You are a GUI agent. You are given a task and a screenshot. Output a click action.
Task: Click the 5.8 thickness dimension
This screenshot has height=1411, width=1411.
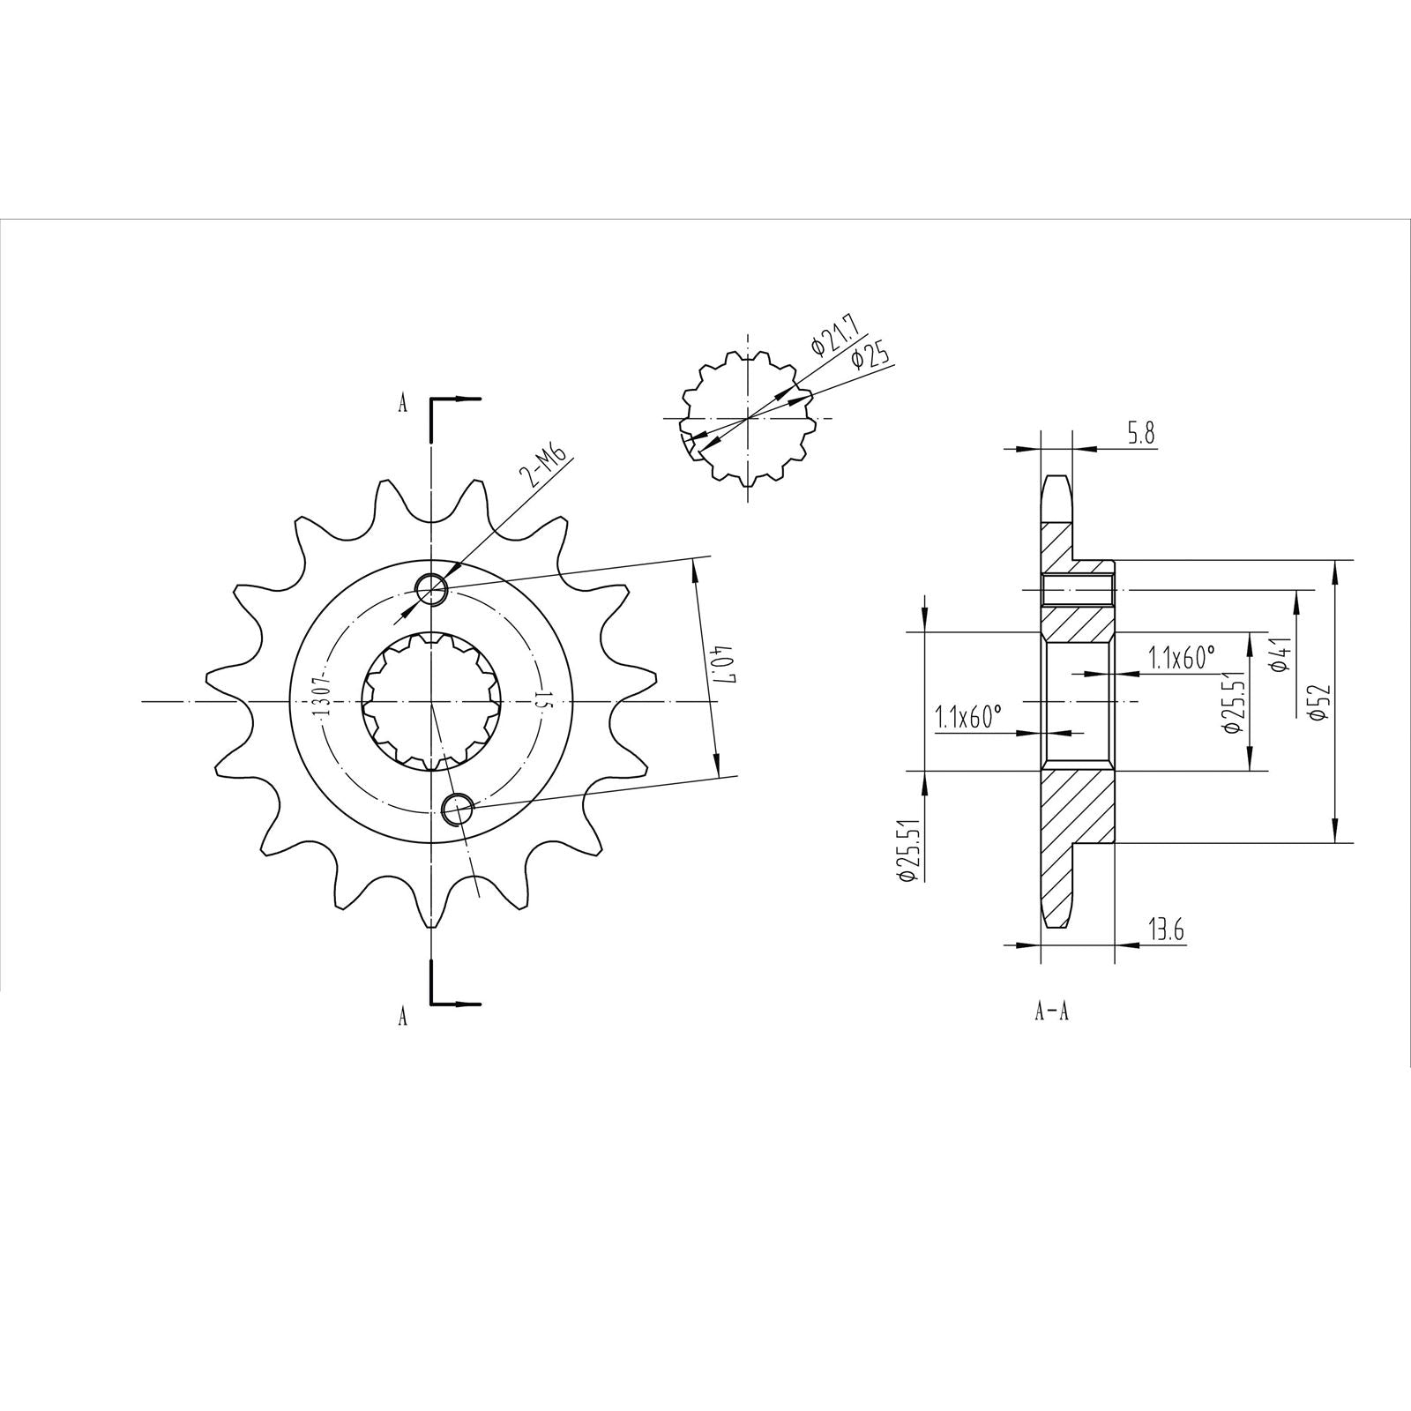pyautogui.click(x=1138, y=435)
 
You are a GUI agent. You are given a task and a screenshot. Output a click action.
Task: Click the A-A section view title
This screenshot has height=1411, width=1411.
pyautogui.click(x=1051, y=1012)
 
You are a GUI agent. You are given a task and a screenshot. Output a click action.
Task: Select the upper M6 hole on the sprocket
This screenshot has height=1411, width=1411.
pyautogui.click(x=432, y=588)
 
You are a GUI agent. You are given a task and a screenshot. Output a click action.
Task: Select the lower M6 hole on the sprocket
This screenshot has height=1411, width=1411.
pyautogui.click(x=456, y=809)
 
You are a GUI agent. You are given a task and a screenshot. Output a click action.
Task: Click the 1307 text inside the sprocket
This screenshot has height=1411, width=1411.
pyautogui.click(x=320, y=696)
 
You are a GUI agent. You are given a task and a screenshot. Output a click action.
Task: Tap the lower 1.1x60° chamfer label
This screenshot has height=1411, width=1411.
pyautogui.click(x=969, y=716)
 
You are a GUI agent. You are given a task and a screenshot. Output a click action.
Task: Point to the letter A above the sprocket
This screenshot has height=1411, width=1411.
pyautogui.click(x=403, y=405)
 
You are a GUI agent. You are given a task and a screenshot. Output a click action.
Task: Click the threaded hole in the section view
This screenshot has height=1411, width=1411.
pyautogui.click(x=1077, y=590)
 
